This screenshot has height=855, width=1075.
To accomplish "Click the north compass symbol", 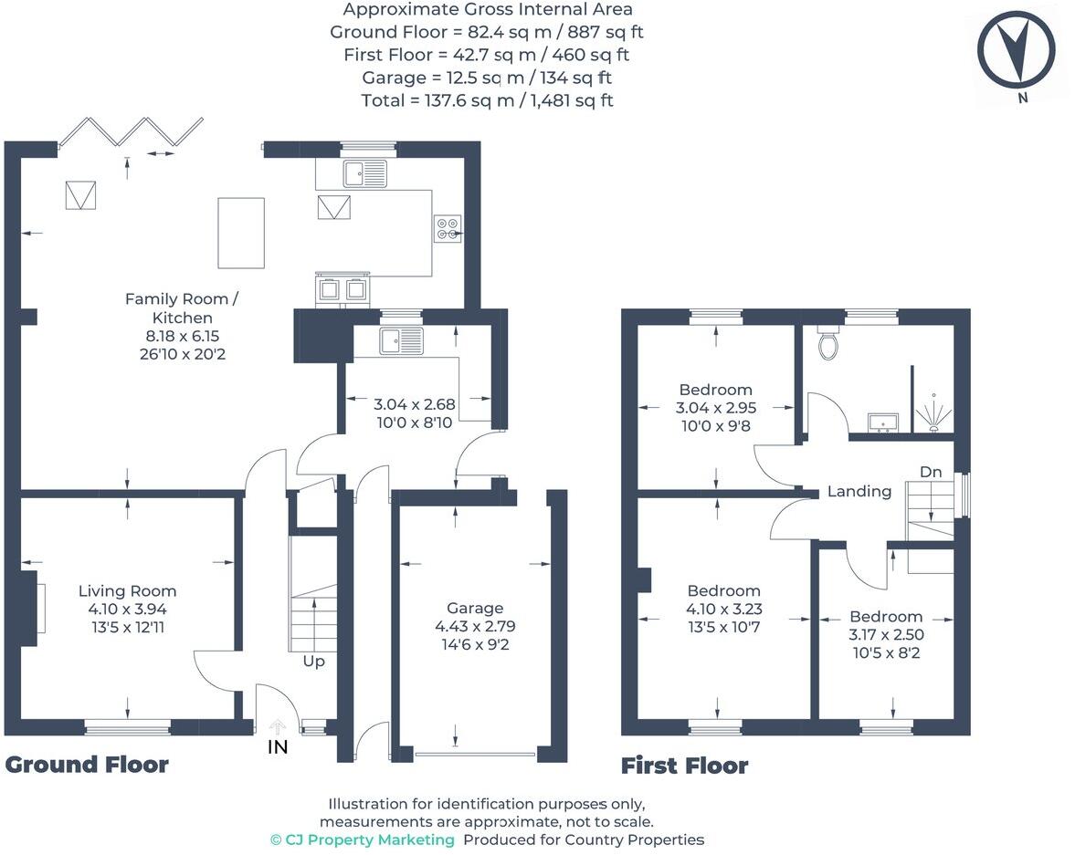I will [1016, 51].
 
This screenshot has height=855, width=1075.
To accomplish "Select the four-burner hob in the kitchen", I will [448, 227].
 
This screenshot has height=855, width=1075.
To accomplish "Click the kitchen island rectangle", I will [241, 233].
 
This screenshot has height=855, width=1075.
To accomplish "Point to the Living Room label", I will [127, 591].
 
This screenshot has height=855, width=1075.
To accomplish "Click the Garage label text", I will [474, 608].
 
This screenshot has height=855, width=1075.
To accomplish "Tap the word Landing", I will [859, 492].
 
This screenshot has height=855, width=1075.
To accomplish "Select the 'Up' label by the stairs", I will [313, 661].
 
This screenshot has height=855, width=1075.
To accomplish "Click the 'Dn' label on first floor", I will [930, 472].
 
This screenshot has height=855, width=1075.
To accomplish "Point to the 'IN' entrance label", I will [277, 747].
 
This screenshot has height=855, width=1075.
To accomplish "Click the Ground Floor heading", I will [87, 765].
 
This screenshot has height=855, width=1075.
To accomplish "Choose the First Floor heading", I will [684, 766].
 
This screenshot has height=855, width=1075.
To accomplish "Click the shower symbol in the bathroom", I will [933, 412].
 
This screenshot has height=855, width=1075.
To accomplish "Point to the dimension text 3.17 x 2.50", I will [885, 634].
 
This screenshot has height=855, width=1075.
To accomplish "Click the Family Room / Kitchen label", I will [182, 308].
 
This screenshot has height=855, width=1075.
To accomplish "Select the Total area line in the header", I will [487, 100].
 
